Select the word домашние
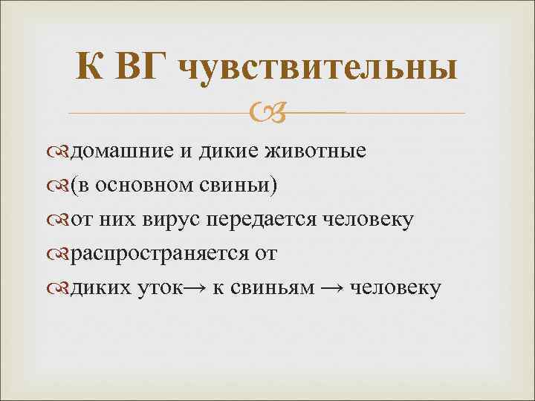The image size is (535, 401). point(121,151)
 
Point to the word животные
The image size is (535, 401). point(317,151)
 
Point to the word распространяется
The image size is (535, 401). point(160,253)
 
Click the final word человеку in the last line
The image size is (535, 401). point(394,287)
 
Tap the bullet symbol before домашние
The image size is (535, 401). point(62,152)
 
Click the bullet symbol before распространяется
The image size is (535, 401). point(62,254)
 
